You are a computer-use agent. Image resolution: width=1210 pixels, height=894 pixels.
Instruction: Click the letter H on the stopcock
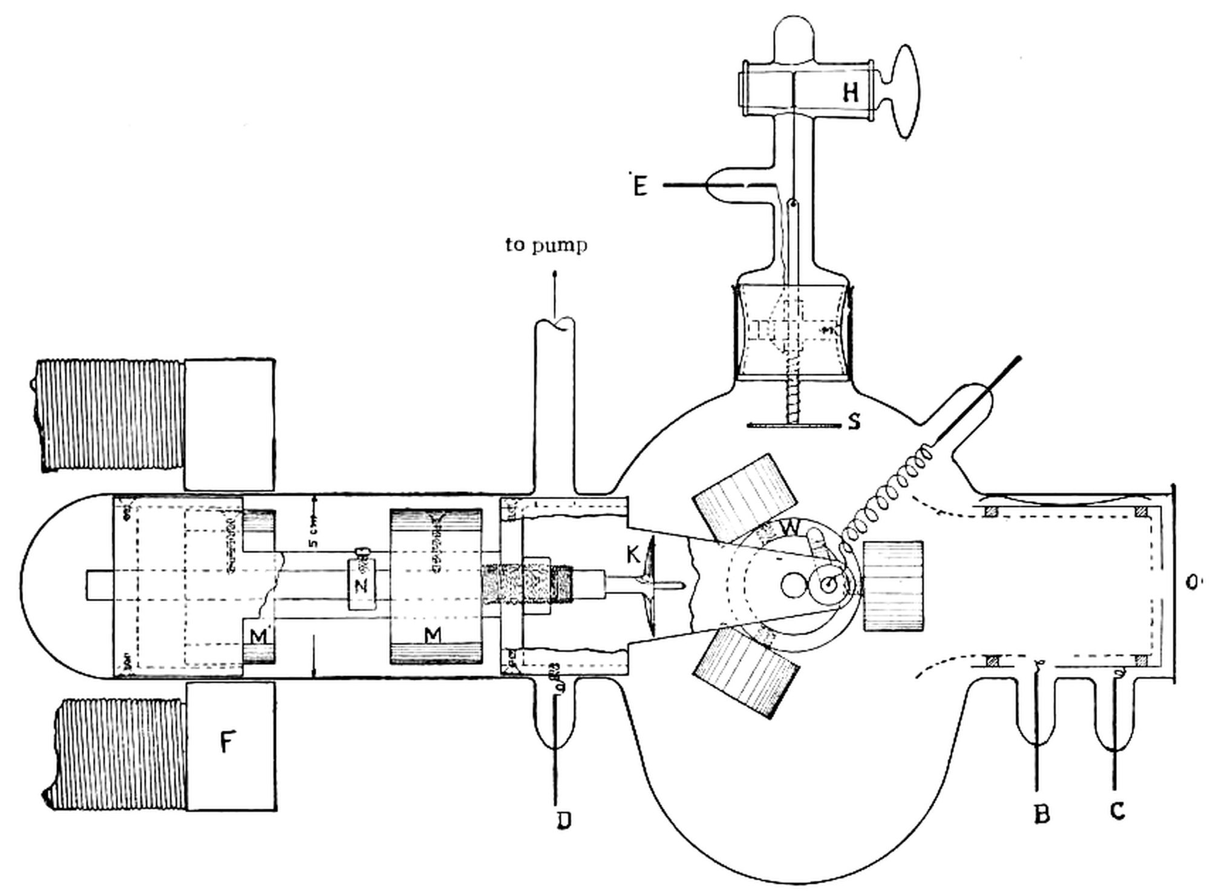850,93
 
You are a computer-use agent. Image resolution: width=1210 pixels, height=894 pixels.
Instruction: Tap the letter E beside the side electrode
639,186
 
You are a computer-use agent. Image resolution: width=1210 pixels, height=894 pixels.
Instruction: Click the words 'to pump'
546,246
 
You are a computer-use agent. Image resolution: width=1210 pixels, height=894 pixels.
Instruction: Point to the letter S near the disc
854,422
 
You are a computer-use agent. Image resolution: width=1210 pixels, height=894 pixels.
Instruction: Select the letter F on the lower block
227,742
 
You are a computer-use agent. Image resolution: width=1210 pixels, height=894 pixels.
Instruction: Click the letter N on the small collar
361,585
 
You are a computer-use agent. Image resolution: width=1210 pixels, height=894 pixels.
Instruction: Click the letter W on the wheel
790,528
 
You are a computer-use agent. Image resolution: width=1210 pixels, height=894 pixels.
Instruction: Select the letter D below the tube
563,821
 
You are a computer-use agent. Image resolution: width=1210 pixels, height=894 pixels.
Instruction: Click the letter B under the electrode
1041,815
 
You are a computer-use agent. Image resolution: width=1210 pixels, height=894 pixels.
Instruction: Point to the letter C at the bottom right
1117,811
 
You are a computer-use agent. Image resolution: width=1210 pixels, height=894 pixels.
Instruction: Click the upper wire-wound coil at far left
109,416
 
